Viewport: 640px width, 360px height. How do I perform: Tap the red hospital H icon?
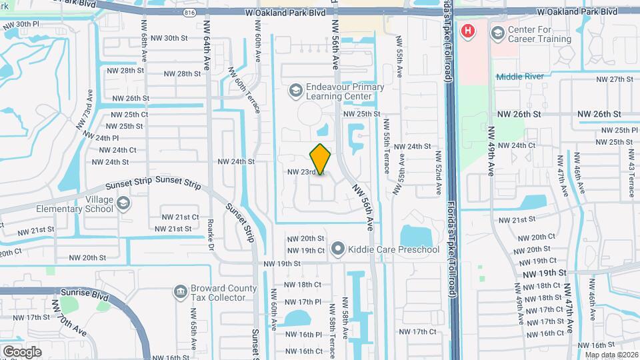coord(469,31)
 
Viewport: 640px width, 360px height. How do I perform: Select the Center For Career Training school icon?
coord(497,33)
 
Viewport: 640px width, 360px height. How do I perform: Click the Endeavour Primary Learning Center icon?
coord(295,90)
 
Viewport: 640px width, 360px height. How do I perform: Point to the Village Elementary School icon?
coord(123,203)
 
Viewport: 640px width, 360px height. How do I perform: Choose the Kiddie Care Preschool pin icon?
coord(337,249)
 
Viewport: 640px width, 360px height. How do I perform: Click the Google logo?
coord(22,351)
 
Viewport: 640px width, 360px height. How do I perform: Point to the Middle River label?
coord(519,76)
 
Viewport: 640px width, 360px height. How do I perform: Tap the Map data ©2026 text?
coord(609,354)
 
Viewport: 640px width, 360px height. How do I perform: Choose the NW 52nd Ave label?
coord(438,172)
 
